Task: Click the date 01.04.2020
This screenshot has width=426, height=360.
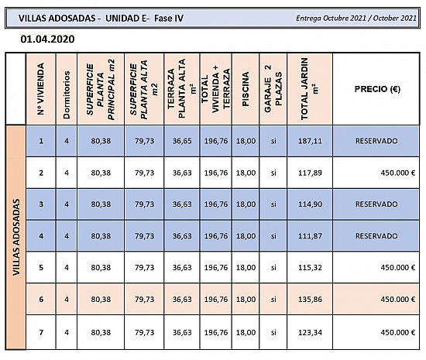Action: pyautogui.click(x=47, y=39)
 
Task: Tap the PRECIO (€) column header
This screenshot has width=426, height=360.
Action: pyautogui.click(x=377, y=89)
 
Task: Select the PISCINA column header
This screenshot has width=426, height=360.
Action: pyautogui.click(x=246, y=89)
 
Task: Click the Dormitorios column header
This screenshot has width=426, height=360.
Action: pyautogui.click(x=67, y=94)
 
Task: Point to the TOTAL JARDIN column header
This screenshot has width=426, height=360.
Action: pyautogui.click(x=309, y=89)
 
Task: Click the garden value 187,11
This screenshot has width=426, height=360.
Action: pyautogui.click(x=310, y=141)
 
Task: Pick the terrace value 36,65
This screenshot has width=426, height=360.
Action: pyautogui.click(x=182, y=141)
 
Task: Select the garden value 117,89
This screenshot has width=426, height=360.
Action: pyautogui.click(x=310, y=173)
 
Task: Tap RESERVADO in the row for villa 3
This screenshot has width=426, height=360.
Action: pyautogui.click(x=376, y=204)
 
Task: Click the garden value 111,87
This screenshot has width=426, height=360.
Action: pyautogui.click(x=310, y=236)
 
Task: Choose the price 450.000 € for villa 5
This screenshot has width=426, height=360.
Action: pyautogui.click(x=398, y=268)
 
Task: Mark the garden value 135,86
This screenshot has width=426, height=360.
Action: pyautogui.click(x=310, y=300)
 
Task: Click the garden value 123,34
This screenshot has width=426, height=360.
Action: pyautogui.click(x=310, y=332)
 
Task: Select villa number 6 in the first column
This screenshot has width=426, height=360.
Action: pyautogui.click(x=41, y=300)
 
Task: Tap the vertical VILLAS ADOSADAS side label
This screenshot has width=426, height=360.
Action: pyautogui.click(x=16, y=237)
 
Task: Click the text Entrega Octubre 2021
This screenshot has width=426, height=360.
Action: pyautogui.click(x=331, y=18)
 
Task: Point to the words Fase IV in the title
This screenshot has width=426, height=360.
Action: pyautogui.click(x=169, y=18)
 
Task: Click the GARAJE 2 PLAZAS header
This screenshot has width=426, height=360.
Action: pyautogui.click(x=273, y=89)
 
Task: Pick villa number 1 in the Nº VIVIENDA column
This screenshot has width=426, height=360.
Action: pyautogui.click(x=41, y=141)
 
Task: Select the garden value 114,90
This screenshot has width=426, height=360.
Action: pyautogui.click(x=310, y=204)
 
